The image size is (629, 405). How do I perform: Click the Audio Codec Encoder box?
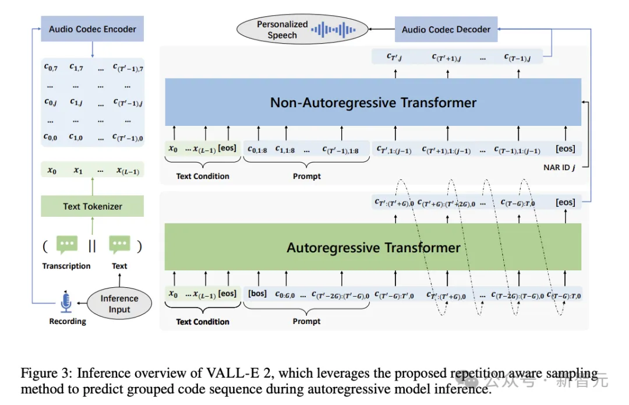point(93,29)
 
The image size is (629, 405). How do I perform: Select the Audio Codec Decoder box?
point(446,29)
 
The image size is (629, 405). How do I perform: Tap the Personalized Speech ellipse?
point(282,30)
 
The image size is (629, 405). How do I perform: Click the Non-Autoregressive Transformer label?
point(373,103)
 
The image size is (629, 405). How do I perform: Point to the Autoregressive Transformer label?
point(373,248)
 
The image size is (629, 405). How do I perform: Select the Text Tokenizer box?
point(93,206)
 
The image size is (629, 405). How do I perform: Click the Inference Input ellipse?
point(119,304)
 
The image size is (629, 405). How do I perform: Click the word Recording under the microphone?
point(68,321)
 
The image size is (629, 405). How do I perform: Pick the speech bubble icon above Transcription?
point(67,245)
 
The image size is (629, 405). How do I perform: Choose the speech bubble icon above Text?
point(120,245)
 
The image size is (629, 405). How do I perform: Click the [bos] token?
point(257,294)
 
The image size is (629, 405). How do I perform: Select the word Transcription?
point(66,266)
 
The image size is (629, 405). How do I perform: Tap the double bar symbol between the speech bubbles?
point(92,246)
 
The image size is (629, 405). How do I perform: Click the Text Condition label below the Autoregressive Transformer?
point(203,322)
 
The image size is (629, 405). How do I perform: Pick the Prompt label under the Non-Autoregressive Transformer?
point(307,176)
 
